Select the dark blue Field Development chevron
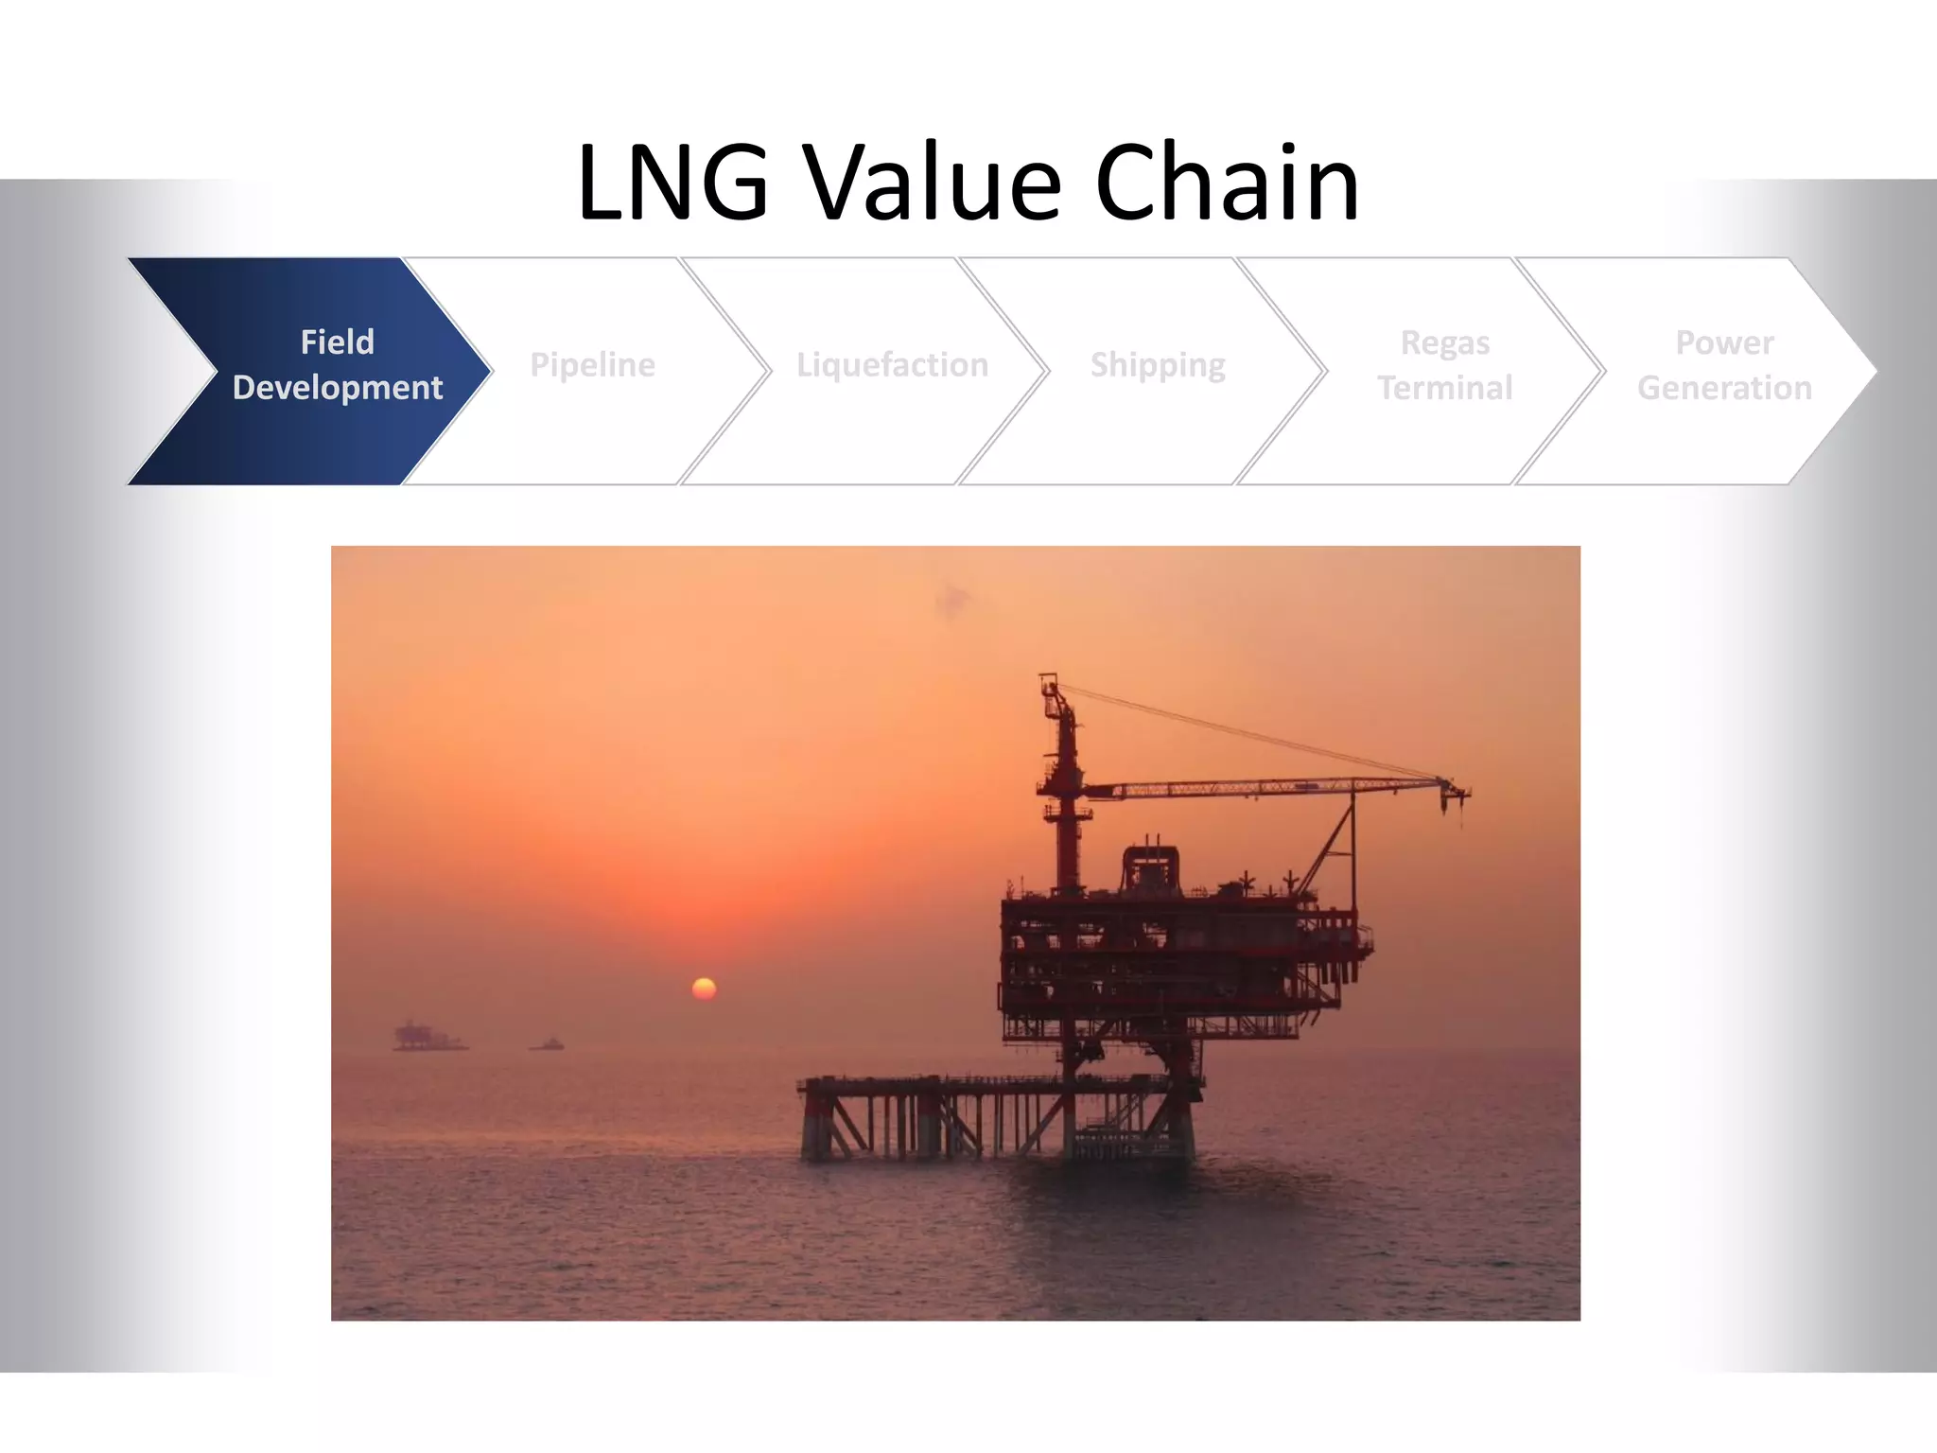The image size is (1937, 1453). (312, 371)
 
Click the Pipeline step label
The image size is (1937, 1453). (592, 365)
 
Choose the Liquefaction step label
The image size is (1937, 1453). (892, 365)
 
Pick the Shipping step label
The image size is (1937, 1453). (1158, 365)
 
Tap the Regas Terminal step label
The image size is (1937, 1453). (1444, 365)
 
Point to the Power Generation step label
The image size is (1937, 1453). (1724, 365)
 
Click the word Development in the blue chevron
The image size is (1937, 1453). (338, 388)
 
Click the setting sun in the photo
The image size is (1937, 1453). (704, 989)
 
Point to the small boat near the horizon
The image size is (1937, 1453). (548, 1044)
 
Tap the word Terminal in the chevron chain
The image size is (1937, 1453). (1444, 388)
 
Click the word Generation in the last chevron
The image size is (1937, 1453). (1724, 388)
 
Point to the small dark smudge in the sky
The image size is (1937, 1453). (951, 598)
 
